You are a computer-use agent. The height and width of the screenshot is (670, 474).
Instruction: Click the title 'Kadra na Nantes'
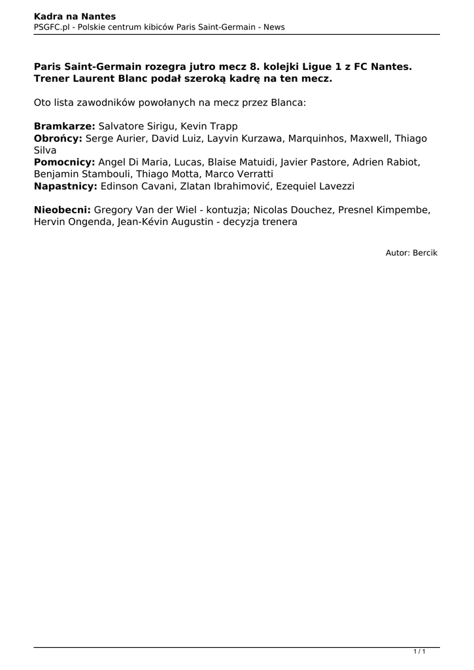pos(75,16)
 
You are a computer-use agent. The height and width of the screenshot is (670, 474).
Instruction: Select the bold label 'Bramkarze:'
pos(64,126)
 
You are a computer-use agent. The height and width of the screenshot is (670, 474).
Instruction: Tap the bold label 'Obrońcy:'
pos(58,139)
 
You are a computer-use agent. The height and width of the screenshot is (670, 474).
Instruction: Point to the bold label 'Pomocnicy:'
pos(65,162)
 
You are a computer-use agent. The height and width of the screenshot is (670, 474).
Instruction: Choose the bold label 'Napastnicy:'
pos(65,186)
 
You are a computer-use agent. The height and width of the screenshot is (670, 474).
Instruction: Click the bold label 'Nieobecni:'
pos(63,210)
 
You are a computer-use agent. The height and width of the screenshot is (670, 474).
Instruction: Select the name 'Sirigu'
pos(160,126)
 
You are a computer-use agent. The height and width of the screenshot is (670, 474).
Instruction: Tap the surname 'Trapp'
pos(224,126)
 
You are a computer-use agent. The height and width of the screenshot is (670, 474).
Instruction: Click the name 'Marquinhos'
pos(316,139)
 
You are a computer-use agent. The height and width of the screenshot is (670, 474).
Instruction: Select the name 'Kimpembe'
pos(406,210)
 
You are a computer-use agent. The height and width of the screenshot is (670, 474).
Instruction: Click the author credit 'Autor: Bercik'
pos(411,252)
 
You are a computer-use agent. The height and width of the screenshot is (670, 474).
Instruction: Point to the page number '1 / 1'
pos(419,652)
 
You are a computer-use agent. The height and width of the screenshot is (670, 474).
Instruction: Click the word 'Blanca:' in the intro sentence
pos(286,103)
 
